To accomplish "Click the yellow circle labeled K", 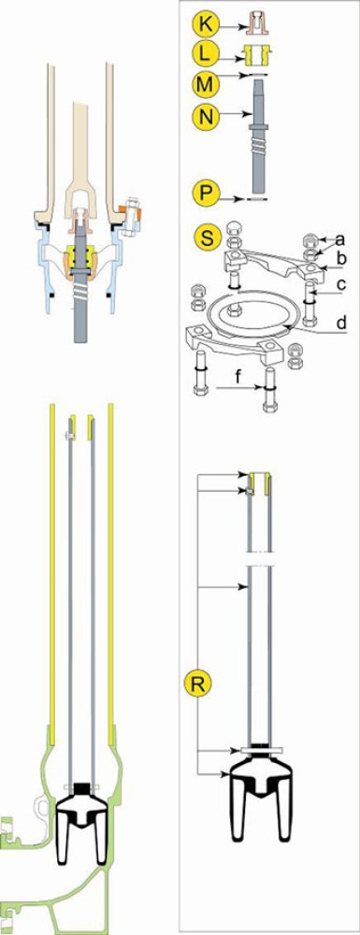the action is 205,25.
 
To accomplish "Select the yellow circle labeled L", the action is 205,53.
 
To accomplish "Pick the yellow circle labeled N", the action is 205,111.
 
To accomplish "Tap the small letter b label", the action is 339,258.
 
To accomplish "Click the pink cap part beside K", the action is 257,23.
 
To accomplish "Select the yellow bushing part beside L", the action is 259,53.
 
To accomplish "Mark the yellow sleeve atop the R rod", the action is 259,484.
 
